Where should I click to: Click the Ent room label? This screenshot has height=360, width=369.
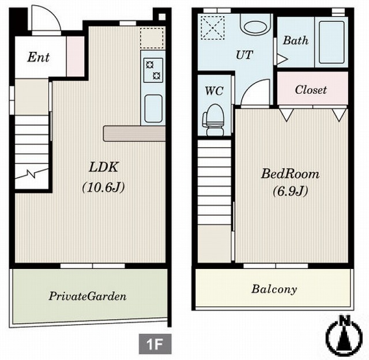[x=39, y=57]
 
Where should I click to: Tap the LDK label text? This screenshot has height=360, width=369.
[x=103, y=167]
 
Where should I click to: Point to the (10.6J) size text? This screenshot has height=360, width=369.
[x=103, y=188]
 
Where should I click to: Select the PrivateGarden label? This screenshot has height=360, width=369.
[x=88, y=296]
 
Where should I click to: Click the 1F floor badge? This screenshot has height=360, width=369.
[x=155, y=344]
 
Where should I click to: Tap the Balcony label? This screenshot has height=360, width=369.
[x=274, y=289]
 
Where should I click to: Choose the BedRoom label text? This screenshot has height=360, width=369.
[x=291, y=174]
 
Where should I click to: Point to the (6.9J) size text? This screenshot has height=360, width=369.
[x=291, y=192]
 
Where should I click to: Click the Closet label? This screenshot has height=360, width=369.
[x=311, y=90]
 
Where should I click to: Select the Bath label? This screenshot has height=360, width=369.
[x=296, y=40]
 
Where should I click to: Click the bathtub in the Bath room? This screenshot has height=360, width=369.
[x=332, y=42]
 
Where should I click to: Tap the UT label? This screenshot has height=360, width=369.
[x=244, y=55]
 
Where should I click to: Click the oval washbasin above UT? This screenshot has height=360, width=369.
[x=255, y=27]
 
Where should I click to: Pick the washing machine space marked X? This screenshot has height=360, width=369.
[x=213, y=28]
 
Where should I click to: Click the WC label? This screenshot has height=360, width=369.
[x=214, y=91]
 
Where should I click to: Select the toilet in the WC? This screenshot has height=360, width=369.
[x=213, y=120]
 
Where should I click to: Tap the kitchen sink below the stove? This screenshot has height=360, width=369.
[x=153, y=108]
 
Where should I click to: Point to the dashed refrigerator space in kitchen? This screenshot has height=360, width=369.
[x=152, y=38]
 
